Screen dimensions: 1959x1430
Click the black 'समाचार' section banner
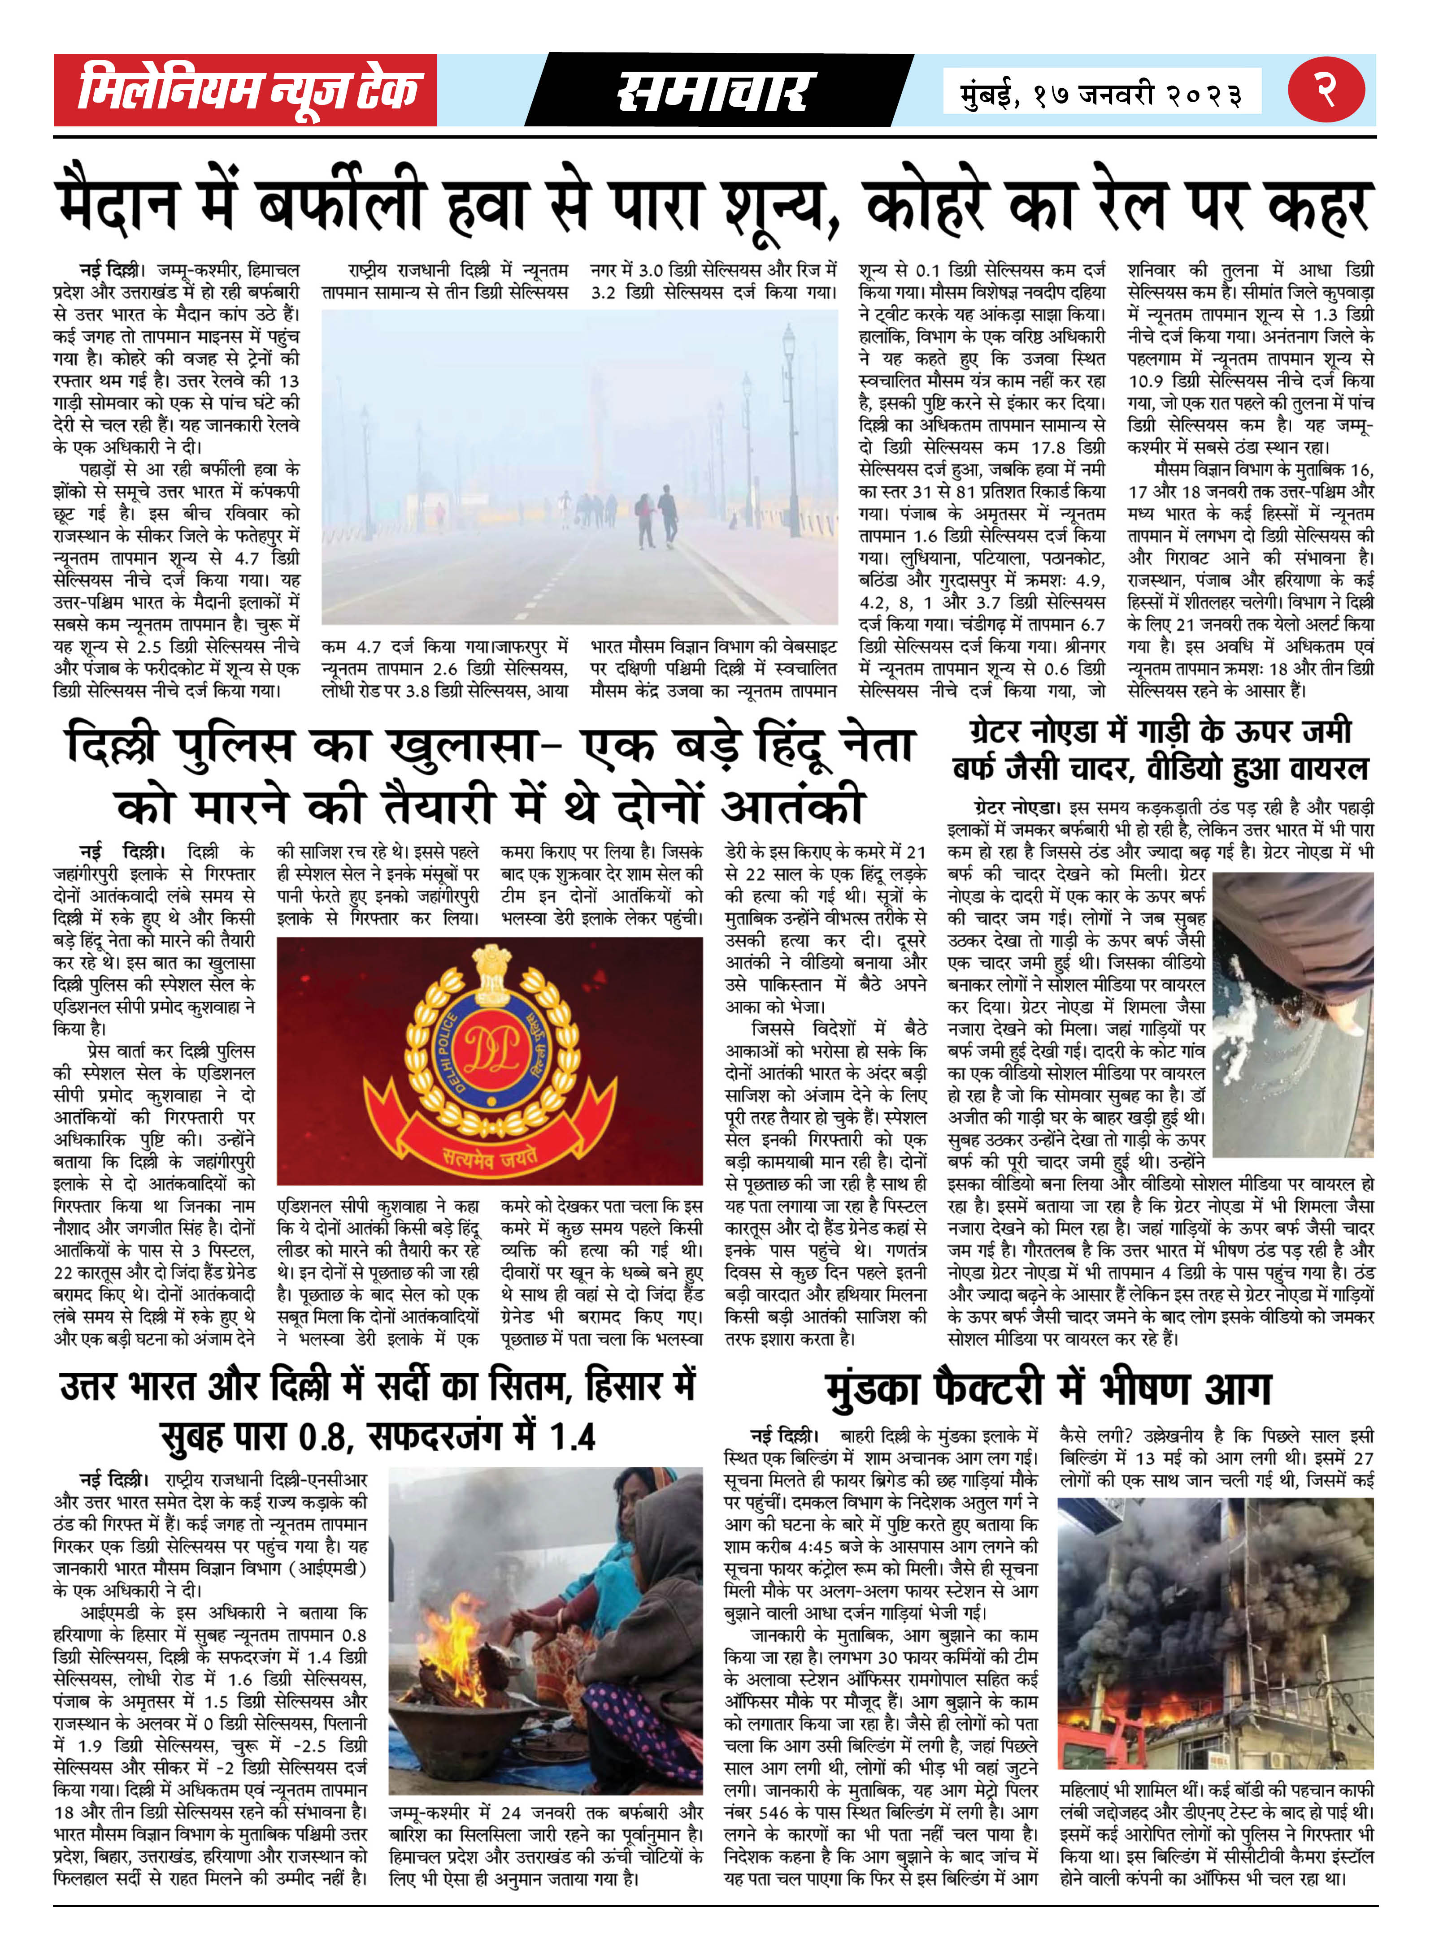pos(717,91)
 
